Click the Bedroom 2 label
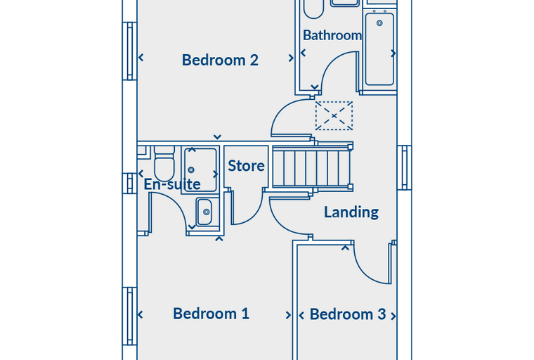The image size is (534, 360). click(220, 60)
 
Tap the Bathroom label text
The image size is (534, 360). click(332, 35)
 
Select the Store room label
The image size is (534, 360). click(246, 166)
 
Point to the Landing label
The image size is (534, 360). click(351, 212)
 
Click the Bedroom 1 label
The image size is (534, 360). click(211, 314)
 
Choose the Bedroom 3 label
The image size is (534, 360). click(348, 314)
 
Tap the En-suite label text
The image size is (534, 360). click(172, 184)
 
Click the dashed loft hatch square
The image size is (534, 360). click(334, 115)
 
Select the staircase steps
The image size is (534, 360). click(311, 167)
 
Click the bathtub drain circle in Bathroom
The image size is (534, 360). click(379, 23)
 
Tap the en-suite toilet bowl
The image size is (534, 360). click(164, 167)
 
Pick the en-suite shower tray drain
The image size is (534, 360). click(191, 169)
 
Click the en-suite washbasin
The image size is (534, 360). click(204, 212)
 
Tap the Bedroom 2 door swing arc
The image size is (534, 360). click(282, 110)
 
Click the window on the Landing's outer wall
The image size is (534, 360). click(405, 167)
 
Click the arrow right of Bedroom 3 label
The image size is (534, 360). click(393, 316)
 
